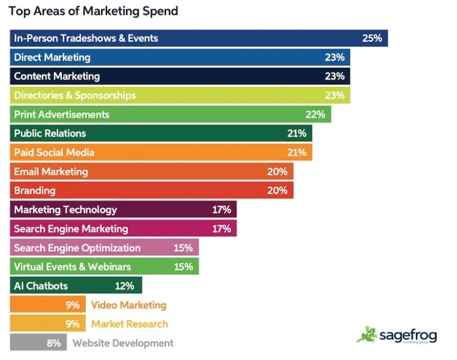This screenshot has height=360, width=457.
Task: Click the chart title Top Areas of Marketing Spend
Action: click(x=93, y=11)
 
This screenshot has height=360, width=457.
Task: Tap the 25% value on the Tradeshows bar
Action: click(x=372, y=38)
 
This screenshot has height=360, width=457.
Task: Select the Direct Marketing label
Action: click(x=52, y=57)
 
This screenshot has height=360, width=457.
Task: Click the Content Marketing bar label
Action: click(x=57, y=76)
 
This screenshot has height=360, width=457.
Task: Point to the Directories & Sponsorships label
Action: click(x=75, y=95)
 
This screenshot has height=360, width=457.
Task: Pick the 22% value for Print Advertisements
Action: click(x=315, y=114)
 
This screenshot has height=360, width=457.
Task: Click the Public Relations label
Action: click(x=50, y=133)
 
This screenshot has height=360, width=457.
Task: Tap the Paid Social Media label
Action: click(x=54, y=152)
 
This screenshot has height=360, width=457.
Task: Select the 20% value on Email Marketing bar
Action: click(x=277, y=171)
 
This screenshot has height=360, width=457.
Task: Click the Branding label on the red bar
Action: click(x=35, y=190)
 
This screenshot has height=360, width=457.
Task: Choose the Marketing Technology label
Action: click(x=65, y=209)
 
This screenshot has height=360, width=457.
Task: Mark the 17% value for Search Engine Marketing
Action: click(x=221, y=228)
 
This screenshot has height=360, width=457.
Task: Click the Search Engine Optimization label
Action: click(x=77, y=248)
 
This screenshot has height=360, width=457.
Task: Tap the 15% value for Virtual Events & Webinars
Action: click(x=183, y=267)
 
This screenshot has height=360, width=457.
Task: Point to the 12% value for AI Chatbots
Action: click(x=125, y=286)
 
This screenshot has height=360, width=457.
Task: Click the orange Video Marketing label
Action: click(x=129, y=305)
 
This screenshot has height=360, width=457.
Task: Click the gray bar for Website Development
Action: click(x=36, y=343)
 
